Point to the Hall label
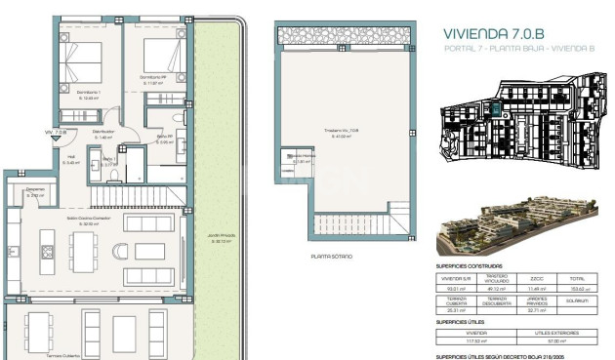pos(70,157)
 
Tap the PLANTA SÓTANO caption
pos(330,257)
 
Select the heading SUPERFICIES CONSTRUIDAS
pos(470,265)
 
